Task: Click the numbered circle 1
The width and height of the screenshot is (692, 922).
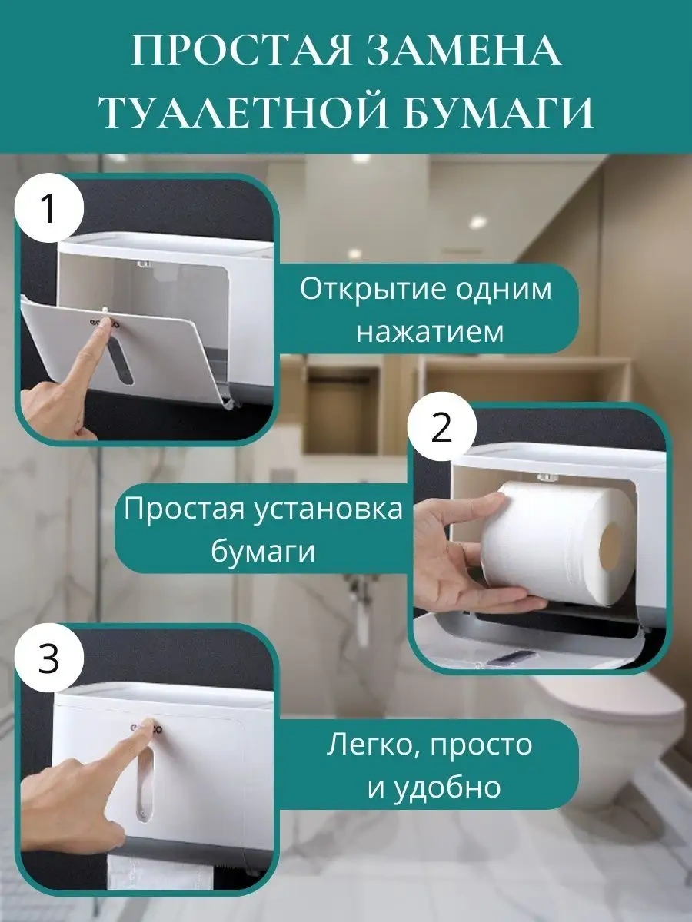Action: click(x=48, y=208)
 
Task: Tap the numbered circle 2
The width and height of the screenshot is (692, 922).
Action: click(x=441, y=427)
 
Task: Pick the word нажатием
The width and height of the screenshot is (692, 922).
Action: click(x=430, y=332)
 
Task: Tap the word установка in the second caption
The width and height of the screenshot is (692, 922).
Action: click(x=328, y=509)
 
